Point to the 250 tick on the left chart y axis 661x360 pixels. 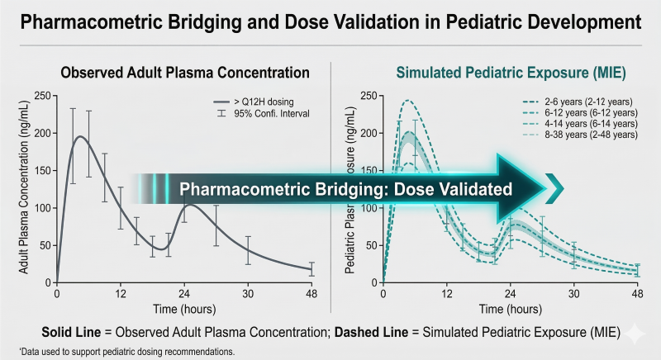click(42, 95)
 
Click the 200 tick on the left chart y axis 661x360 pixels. click(42, 133)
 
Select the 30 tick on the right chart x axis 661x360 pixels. click(573, 294)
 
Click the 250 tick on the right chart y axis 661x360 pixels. click(369, 95)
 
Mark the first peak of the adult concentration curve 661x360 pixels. click(80, 137)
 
